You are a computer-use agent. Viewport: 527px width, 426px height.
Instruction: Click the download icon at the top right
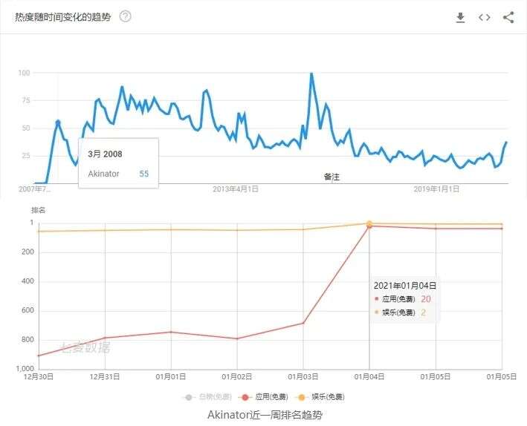click(460, 17)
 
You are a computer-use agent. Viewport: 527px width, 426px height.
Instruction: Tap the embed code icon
click(485, 17)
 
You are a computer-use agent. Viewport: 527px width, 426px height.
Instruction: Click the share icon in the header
click(508, 17)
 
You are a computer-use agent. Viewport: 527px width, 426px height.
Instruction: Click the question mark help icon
click(125, 16)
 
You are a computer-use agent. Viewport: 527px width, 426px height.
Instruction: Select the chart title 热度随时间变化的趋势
click(62, 16)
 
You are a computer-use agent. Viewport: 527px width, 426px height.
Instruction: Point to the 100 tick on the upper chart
click(24, 73)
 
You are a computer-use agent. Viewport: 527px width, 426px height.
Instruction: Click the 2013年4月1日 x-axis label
click(235, 189)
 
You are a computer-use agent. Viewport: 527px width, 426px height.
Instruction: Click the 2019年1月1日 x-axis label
click(436, 189)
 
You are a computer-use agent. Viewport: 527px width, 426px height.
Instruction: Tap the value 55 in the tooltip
click(143, 174)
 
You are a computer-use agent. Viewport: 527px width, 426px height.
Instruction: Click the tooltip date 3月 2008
click(105, 154)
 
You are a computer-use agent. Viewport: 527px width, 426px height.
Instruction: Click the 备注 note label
click(332, 177)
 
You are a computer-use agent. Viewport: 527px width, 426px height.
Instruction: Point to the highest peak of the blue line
click(311, 73)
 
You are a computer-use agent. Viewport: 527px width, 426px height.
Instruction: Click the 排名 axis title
click(38, 210)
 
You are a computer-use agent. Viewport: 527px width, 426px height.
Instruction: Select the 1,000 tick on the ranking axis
click(25, 369)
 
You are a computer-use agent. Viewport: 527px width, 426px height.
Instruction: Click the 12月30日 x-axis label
click(39, 377)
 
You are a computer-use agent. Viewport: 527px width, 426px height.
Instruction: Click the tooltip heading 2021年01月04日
click(404, 285)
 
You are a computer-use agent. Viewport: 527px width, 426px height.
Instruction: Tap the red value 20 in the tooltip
click(426, 299)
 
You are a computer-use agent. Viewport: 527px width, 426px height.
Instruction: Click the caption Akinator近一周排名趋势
click(265, 415)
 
